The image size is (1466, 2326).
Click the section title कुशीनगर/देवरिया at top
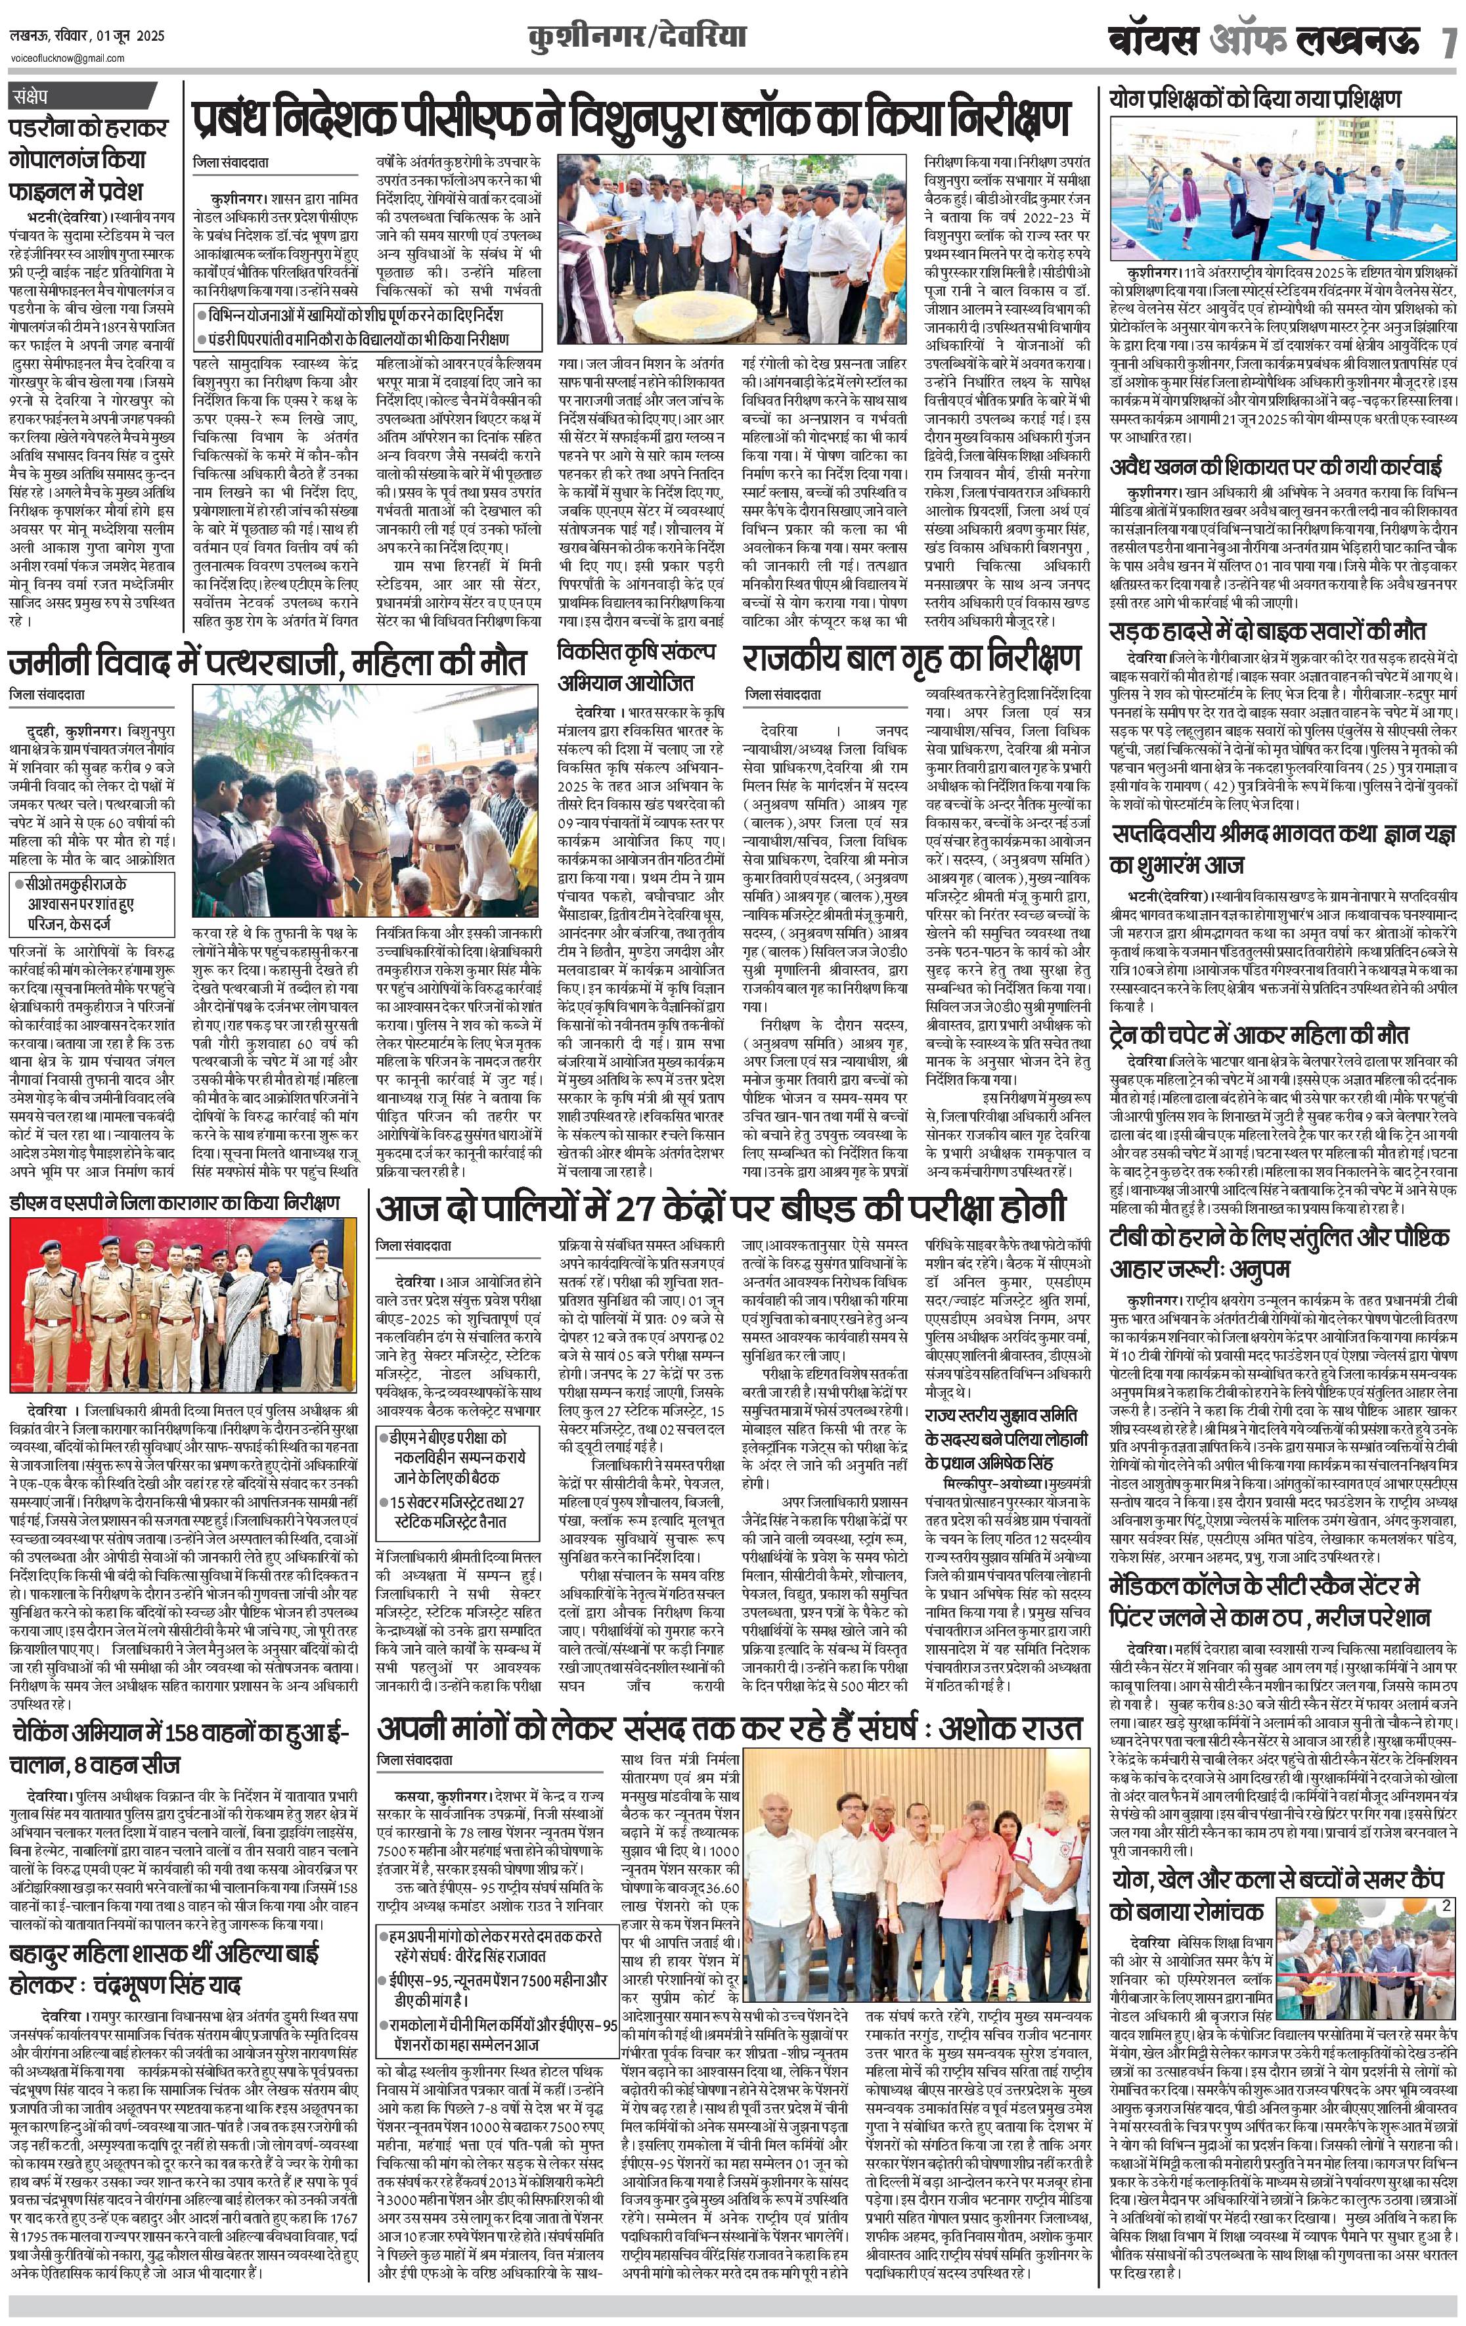[x=636, y=37]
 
